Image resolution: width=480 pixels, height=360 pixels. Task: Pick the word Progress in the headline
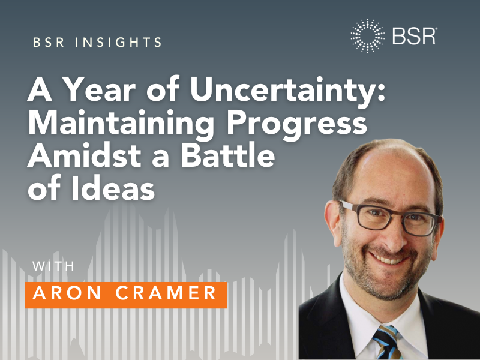(x=308, y=125)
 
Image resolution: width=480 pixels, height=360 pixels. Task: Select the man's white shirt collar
(x=360, y=318)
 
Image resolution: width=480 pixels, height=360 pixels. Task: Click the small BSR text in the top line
(x=46, y=43)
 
